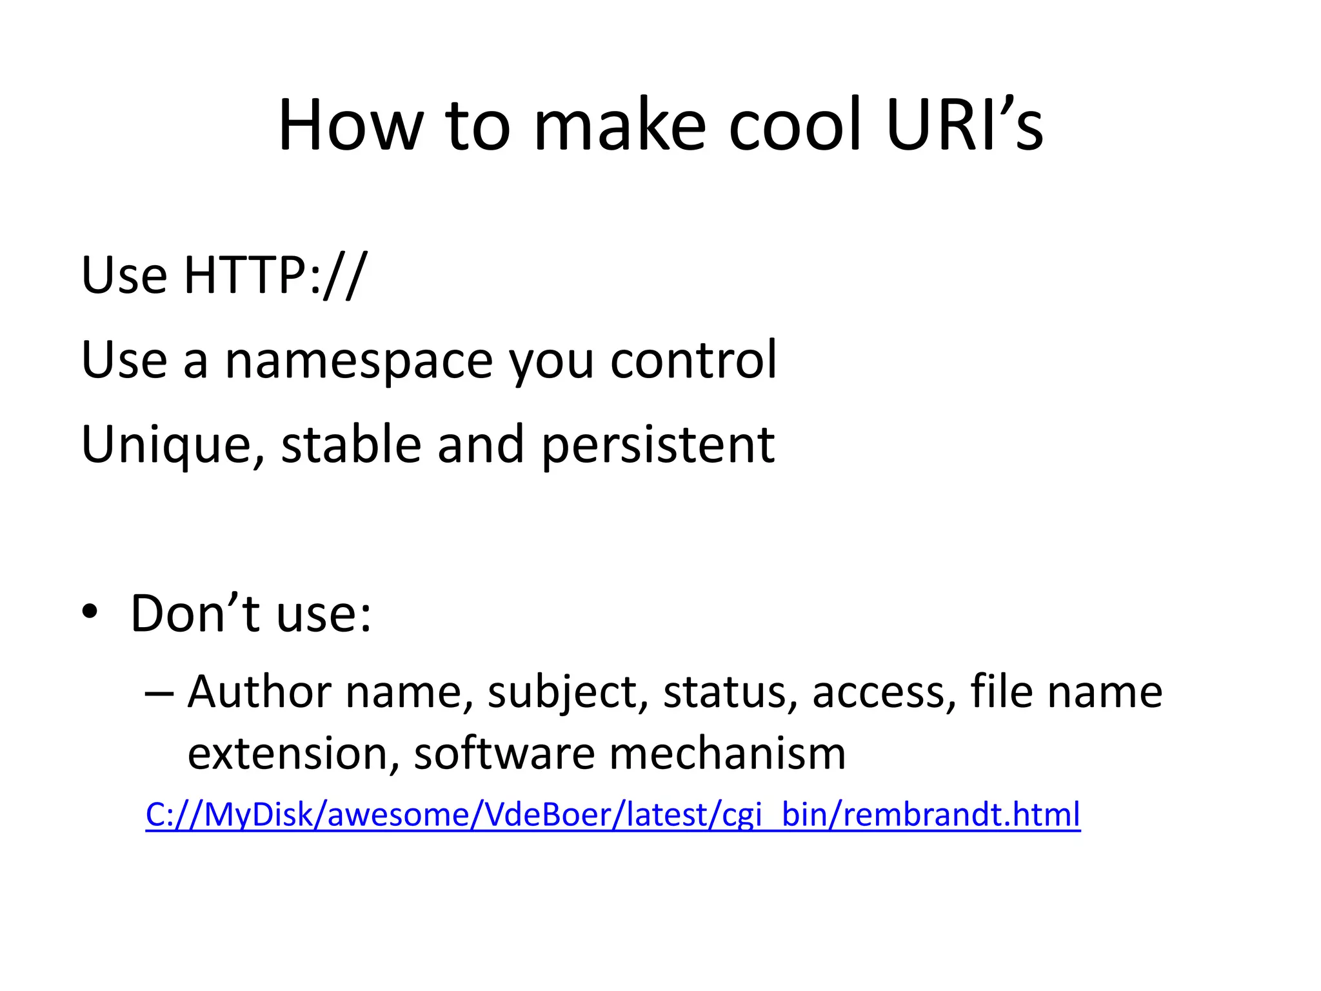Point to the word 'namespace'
[x=359, y=361]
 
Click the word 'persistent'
[x=658, y=446]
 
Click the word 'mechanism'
[x=727, y=753]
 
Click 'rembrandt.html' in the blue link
[x=961, y=814]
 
